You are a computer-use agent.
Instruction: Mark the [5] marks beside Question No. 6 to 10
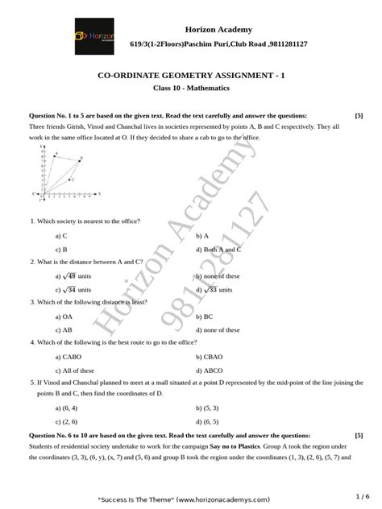[358, 434]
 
